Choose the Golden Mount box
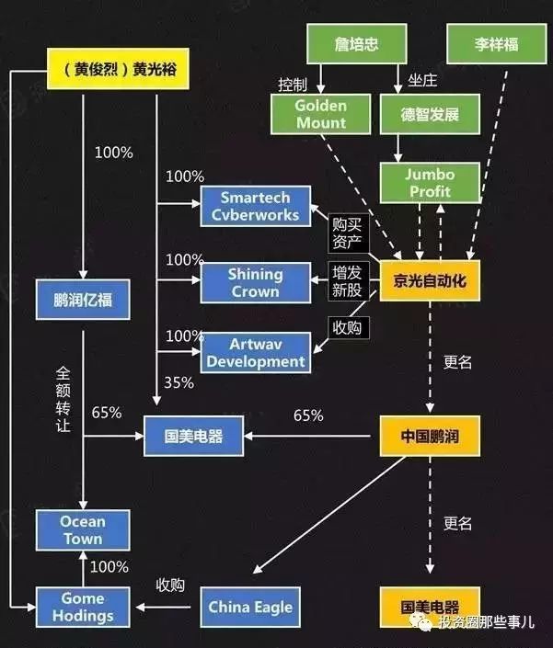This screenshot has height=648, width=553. pos(321,114)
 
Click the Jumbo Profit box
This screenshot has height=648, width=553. pos(430,182)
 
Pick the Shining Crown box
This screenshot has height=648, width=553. pos(254,282)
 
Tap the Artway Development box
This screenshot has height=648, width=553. pos(255,353)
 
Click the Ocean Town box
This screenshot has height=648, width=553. pos(83,530)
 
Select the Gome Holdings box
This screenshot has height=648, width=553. pos(83,607)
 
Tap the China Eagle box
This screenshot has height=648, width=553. pos(250,607)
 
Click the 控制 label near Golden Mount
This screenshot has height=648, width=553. pos(292,85)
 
